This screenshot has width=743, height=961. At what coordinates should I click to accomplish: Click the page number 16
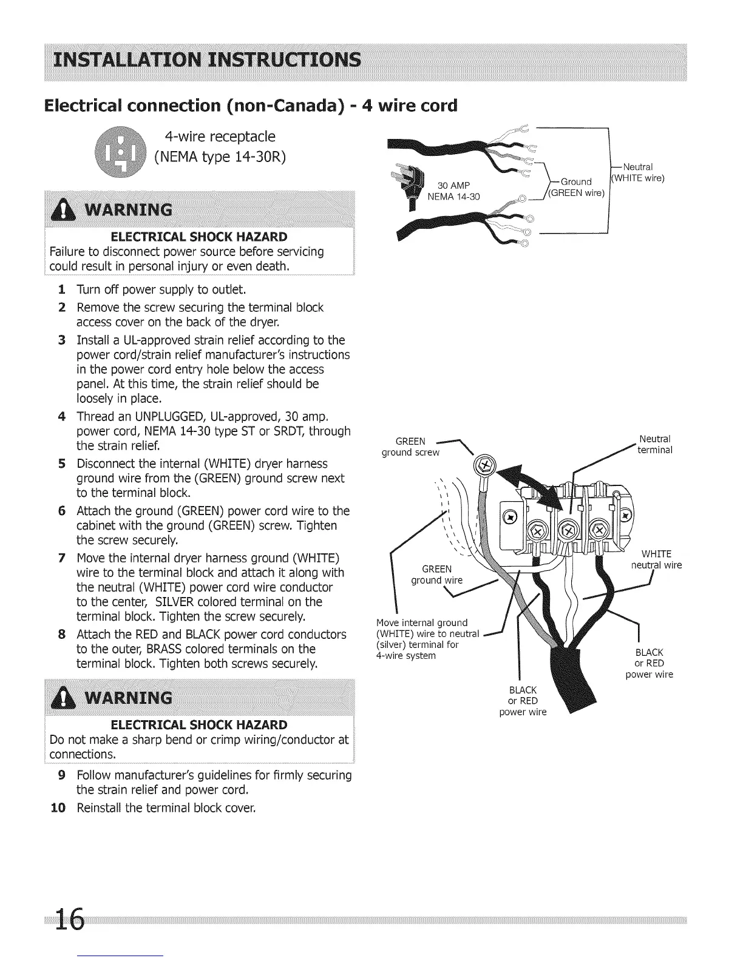[69, 923]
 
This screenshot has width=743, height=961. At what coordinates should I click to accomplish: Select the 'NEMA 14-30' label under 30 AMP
[453, 197]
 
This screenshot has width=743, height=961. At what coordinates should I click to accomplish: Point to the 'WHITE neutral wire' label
[656, 559]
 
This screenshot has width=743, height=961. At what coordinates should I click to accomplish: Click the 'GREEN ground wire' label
[436, 574]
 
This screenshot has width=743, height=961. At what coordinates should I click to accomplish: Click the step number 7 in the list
[62, 558]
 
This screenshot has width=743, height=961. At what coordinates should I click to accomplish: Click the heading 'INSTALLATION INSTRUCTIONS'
[205, 60]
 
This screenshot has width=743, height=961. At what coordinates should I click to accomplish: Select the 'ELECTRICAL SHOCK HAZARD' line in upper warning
[199, 236]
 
